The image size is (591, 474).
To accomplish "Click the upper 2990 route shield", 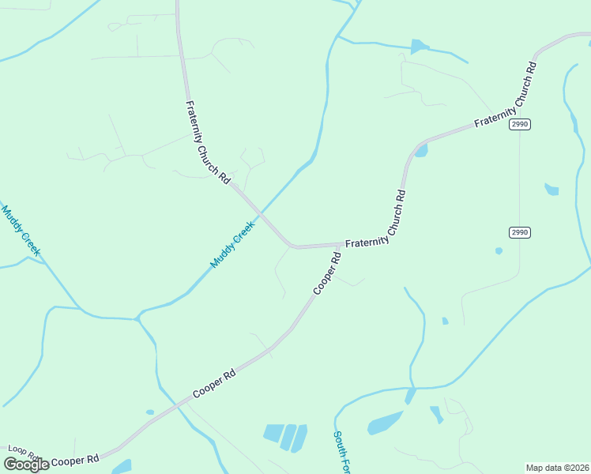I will click(x=519, y=124).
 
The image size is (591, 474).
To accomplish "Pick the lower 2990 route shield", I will click(x=519, y=232).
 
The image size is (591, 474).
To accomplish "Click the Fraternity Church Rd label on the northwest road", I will click(x=207, y=142).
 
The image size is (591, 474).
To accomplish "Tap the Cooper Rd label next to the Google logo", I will click(x=76, y=458).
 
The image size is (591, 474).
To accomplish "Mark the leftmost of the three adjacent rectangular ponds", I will click(x=273, y=433).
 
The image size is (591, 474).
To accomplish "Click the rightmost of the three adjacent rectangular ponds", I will click(x=299, y=438).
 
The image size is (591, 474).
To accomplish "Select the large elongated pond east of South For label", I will click(x=385, y=423).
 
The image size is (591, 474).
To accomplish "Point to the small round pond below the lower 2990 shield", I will click(x=499, y=251).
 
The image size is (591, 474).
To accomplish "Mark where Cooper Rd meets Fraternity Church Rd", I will click(x=342, y=244).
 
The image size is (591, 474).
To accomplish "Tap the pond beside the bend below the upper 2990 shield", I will click(x=420, y=151).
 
